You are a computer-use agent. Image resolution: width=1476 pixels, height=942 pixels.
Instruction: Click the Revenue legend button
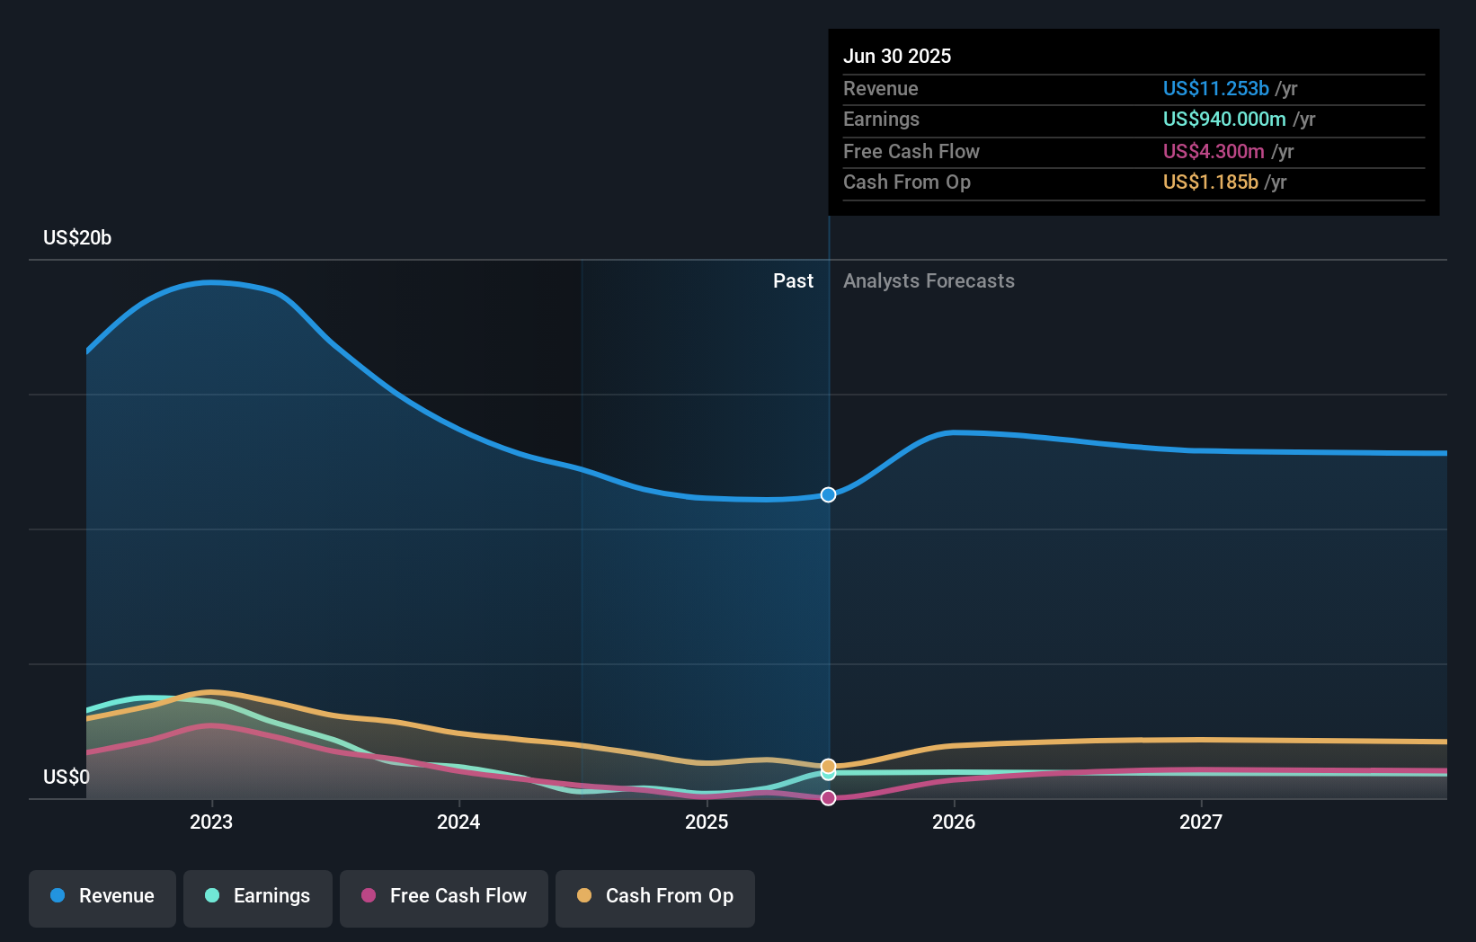(x=102, y=896)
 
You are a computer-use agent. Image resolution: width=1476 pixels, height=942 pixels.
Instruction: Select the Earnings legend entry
(x=258, y=896)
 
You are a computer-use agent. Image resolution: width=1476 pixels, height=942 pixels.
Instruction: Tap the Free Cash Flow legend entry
(x=444, y=896)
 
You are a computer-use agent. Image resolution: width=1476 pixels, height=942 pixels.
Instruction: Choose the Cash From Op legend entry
(x=655, y=896)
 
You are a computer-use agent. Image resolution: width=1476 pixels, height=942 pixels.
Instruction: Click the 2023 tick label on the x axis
(x=211, y=822)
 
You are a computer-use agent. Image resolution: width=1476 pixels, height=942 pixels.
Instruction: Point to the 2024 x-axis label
(x=458, y=822)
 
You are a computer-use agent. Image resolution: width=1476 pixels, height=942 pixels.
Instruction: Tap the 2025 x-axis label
(x=707, y=822)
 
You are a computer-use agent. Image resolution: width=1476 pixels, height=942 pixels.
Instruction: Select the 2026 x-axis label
(x=954, y=822)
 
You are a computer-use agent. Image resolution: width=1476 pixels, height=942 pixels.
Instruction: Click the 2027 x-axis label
(x=1201, y=822)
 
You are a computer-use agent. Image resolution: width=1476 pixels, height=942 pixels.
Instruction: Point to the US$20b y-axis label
(x=77, y=237)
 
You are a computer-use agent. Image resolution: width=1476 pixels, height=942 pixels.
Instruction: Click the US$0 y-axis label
(x=67, y=777)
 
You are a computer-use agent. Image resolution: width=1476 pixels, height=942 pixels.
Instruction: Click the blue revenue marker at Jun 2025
(x=828, y=494)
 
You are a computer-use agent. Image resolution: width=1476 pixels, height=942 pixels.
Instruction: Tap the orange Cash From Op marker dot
(x=828, y=766)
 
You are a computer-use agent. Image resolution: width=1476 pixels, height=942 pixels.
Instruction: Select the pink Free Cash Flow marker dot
(x=828, y=798)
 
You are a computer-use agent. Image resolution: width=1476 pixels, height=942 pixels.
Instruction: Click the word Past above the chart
(x=793, y=281)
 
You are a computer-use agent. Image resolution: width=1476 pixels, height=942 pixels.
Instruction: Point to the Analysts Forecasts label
(x=929, y=281)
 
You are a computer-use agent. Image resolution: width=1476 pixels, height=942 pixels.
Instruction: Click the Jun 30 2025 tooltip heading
(x=897, y=56)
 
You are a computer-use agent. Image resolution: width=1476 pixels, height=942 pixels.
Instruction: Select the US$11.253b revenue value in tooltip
(x=1215, y=88)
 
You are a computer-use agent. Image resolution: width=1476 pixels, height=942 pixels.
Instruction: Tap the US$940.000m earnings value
(x=1223, y=119)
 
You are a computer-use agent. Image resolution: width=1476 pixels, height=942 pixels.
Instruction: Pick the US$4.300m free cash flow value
(x=1214, y=151)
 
